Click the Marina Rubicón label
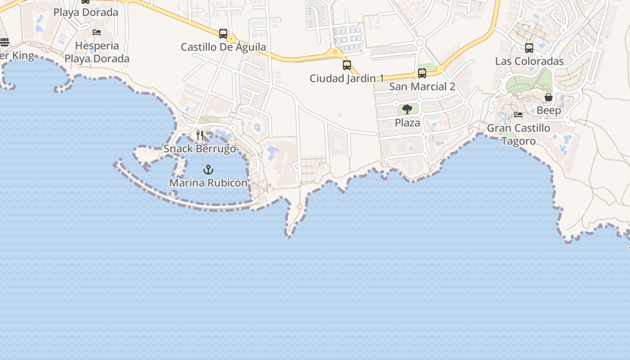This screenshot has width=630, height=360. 208,183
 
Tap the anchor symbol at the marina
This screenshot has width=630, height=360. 208,170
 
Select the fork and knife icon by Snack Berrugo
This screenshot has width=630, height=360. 200,135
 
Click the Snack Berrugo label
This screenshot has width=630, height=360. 200,148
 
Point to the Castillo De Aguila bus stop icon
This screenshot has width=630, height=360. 223,34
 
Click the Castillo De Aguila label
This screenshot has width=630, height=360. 223,47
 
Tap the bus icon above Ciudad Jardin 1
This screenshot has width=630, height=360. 347,65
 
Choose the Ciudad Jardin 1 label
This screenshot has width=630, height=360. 347,78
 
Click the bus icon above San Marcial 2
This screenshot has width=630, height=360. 422,73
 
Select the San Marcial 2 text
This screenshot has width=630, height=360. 422,86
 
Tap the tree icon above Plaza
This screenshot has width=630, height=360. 407,109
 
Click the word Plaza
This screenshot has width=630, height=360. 407,122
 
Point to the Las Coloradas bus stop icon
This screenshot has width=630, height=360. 529,48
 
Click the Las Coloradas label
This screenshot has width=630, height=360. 529,61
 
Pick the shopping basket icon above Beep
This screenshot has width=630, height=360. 549,97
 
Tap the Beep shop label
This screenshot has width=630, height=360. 549,110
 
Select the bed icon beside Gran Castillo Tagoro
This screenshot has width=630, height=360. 518,115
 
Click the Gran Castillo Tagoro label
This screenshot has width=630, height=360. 518,134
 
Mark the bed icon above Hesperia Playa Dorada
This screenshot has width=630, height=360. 97,32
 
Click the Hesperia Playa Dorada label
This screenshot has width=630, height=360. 97,52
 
